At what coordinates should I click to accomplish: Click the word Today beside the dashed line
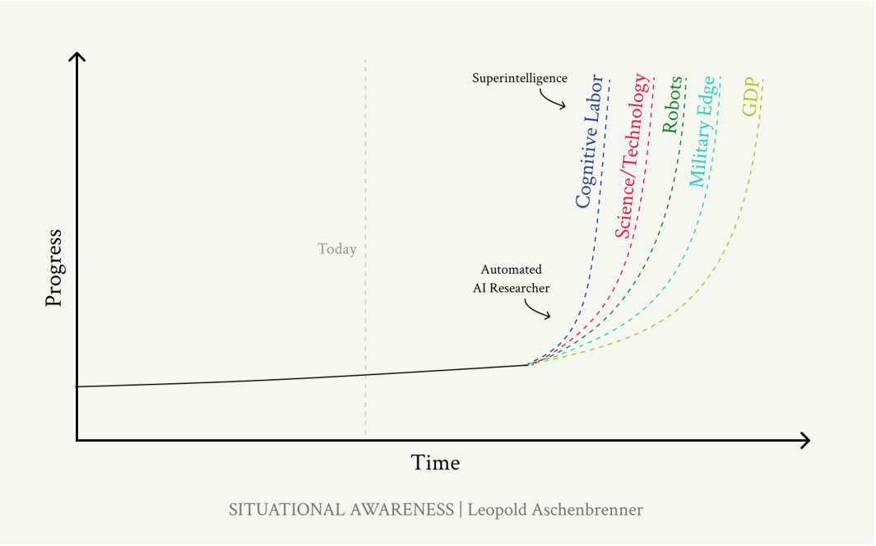(337, 249)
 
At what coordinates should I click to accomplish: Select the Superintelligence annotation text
(520, 78)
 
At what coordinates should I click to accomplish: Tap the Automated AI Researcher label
(511, 279)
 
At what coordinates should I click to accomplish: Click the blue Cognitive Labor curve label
(590, 141)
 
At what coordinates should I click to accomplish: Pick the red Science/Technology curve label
(633, 155)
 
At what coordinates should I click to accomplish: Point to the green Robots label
(672, 104)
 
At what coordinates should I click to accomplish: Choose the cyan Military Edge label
(702, 132)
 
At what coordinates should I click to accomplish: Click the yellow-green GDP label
(752, 96)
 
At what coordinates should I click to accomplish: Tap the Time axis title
(435, 463)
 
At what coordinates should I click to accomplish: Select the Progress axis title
(53, 268)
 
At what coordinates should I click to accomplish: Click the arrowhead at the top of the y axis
(77, 56)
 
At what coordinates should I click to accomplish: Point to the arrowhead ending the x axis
(805, 441)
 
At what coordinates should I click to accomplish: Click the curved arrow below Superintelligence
(551, 100)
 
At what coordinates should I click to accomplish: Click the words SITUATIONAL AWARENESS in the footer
(341, 510)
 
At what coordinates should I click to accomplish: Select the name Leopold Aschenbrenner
(555, 510)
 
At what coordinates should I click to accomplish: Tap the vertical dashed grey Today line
(365, 248)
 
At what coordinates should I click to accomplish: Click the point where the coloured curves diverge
(528, 365)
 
